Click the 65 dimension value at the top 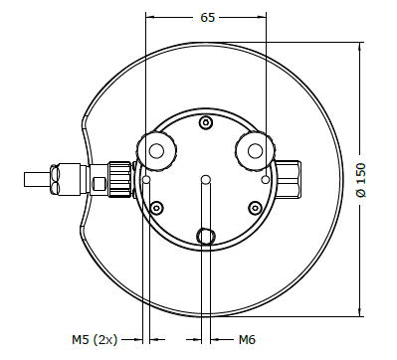pos(208,18)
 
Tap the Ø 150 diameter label pos(361,180)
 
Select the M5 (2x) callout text pos(95,340)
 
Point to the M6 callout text pos(247,339)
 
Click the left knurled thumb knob pos(156,151)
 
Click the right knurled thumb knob pos(255,151)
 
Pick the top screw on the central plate pos(206,122)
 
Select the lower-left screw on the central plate pos(156,208)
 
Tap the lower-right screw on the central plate pos(255,208)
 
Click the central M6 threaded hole pos(206,180)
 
